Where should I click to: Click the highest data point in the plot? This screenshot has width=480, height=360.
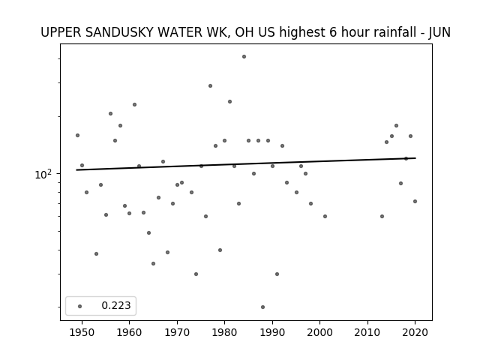tap(244, 57)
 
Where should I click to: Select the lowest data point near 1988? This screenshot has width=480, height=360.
tap(262, 307)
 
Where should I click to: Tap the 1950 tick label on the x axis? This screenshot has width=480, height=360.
tap(82, 332)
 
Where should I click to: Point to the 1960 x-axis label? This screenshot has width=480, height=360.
tap(129, 332)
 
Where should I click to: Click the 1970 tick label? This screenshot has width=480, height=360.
tap(177, 332)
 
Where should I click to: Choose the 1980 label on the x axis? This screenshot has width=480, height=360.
tap(224, 332)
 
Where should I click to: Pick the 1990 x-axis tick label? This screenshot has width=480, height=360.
tap(272, 332)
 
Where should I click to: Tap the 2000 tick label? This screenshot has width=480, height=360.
tap(319, 332)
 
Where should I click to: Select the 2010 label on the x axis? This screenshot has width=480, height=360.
tap(367, 332)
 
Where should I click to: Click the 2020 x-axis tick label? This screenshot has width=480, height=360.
tap(415, 332)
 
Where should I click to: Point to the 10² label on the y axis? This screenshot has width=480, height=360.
tap(43, 174)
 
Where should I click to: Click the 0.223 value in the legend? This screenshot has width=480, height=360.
tap(116, 305)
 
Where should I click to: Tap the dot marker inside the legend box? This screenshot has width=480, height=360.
tap(79, 306)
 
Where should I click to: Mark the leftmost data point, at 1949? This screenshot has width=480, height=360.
tap(77, 135)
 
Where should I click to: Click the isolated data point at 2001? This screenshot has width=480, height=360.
tap(325, 217)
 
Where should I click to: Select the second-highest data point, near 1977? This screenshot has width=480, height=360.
tap(210, 86)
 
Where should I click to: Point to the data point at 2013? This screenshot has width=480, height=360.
tap(382, 217)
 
